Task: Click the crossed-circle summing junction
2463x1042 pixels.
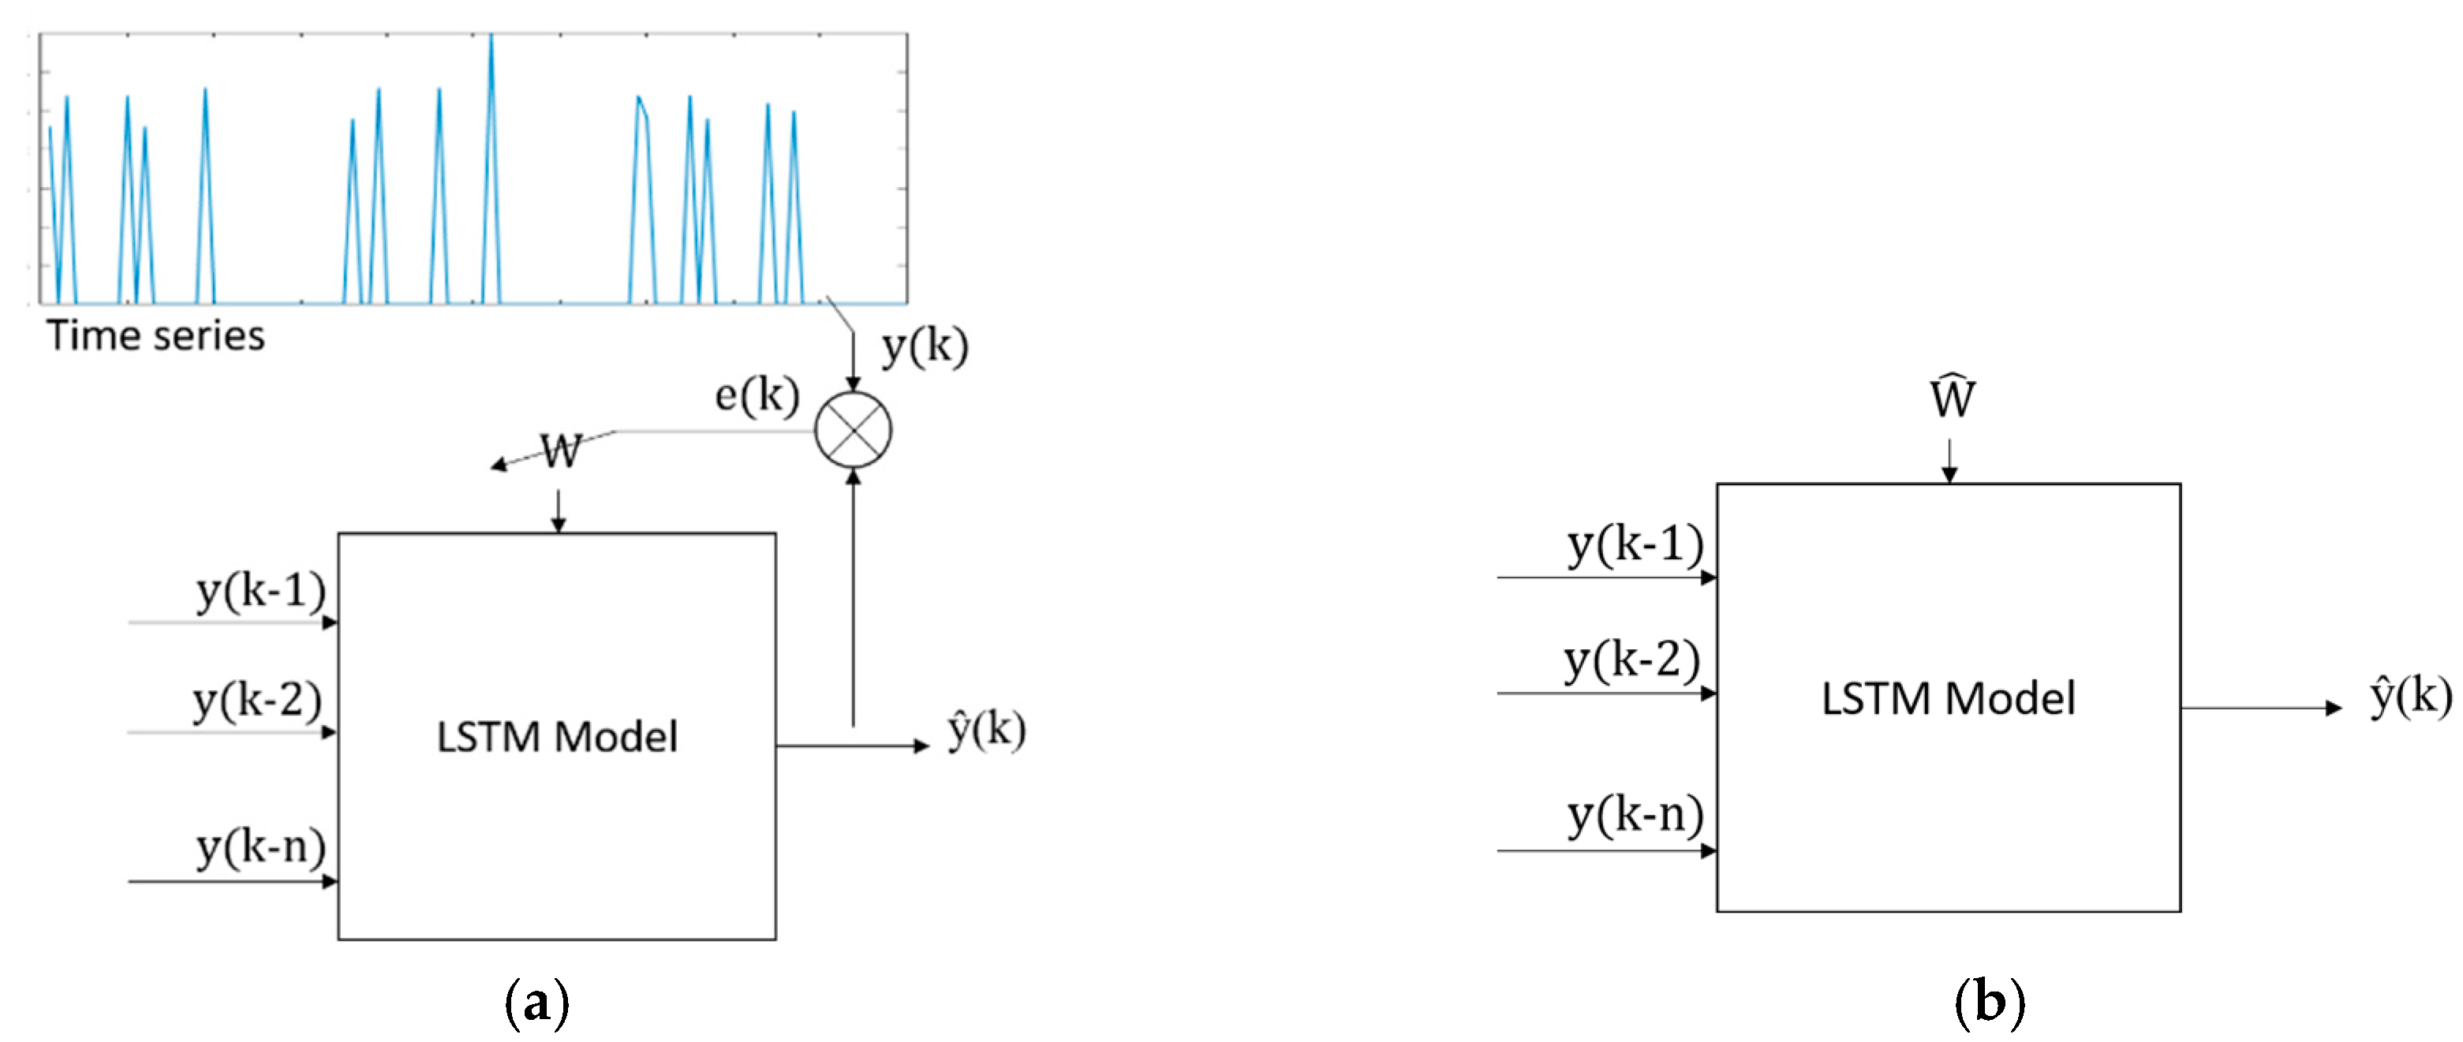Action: [853, 430]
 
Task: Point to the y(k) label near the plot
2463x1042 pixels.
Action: [925, 346]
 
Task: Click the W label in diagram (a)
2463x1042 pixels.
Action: [560, 450]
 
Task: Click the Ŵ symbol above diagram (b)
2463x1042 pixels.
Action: [1952, 397]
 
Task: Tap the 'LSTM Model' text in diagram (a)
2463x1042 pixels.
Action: [556, 737]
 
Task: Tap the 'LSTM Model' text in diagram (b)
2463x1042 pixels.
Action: [1948, 698]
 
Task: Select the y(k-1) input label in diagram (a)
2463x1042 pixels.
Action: [260, 590]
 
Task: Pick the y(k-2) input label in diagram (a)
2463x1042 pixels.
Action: [256, 700]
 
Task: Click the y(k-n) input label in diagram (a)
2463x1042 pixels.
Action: [260, 846]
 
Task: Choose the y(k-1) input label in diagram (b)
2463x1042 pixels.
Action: [1635, 544]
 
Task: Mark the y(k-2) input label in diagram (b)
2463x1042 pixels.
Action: [1631, 659]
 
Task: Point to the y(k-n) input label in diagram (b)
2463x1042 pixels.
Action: [1635, 816]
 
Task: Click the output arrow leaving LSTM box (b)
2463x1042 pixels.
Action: [2261, 708]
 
